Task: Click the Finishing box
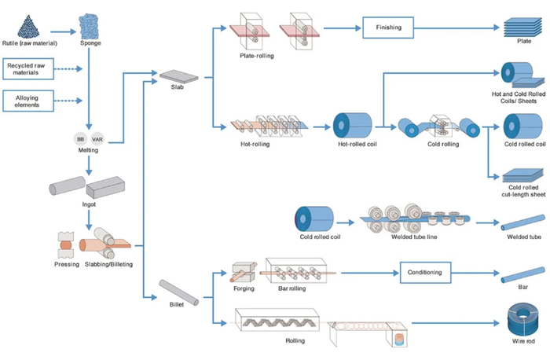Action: [388, 28]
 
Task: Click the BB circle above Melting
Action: [80, 139]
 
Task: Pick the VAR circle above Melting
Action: [97, 139]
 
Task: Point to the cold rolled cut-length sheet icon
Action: [520, 177]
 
